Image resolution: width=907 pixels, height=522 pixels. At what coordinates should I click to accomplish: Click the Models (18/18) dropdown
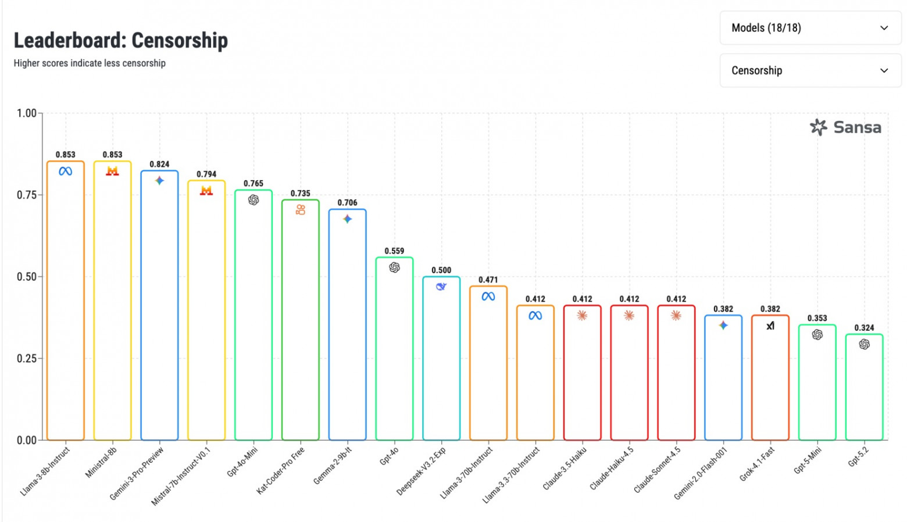click(x=810, y=28)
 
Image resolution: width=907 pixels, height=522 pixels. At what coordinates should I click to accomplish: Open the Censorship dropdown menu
click(x=810, y=70)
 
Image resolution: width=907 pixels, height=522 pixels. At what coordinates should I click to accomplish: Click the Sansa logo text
click(x=856, y=127)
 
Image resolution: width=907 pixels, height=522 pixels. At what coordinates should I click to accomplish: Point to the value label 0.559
click(x=394, y=251)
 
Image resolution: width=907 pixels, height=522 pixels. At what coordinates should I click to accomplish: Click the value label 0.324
click(x=864, y=328)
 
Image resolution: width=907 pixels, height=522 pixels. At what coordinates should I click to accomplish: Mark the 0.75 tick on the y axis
click(x=27, y=195)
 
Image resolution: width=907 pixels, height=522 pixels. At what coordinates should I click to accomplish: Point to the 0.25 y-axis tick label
click(x=27, y=359)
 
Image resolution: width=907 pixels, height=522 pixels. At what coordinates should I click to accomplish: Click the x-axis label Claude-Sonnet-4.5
click(x=658, y=470)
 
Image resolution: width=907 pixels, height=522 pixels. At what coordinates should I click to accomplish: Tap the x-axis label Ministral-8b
click(x=101, y=463)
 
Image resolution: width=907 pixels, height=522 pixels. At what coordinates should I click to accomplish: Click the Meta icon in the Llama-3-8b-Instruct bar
click(x=65, y=171)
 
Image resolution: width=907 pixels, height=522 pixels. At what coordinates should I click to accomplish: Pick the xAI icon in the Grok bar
click(x=770, y=326)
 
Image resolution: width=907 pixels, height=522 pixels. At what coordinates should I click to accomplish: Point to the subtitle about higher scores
click(x=90, y=63)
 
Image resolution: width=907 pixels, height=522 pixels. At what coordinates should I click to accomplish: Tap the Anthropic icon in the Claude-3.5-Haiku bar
click(x=582, y=316)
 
